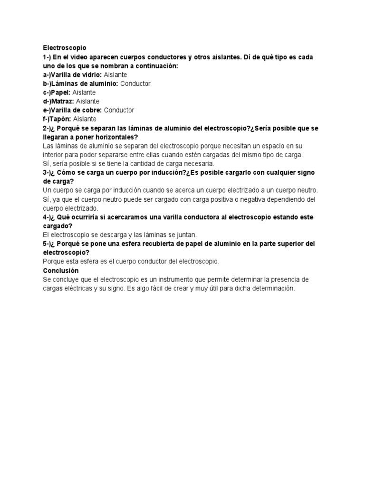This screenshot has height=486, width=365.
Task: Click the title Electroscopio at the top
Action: click(65, 48)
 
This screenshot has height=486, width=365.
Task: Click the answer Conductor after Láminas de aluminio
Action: click(135, 84)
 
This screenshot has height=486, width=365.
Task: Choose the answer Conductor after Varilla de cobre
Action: click(119, 110)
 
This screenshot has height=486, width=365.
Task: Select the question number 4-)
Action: click(48, 217)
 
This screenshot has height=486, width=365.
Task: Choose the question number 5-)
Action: click(48, 243)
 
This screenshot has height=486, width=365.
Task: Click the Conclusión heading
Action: click(61, 270)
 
